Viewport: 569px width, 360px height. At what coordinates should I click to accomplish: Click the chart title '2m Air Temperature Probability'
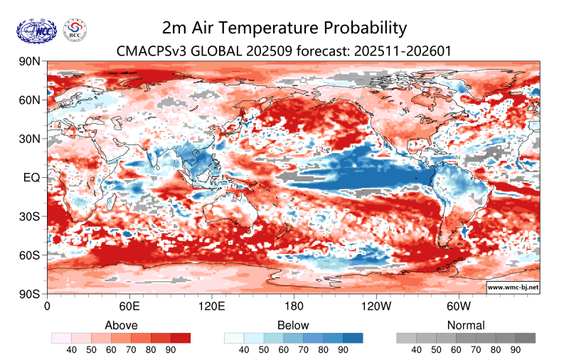click(x=284, y=28)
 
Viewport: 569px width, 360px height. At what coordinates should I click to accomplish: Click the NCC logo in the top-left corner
click(x=36, y=30)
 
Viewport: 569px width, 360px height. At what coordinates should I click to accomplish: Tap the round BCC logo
click(x=76, y=30)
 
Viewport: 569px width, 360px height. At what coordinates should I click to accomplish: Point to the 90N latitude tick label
click(x=31, y=62)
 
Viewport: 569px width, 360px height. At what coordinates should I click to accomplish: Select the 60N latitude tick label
click(x=31, y=100)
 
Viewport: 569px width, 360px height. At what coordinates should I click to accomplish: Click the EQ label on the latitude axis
click(x=32, y=177)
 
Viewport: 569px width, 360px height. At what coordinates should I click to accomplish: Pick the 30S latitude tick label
click(x=31, y=216)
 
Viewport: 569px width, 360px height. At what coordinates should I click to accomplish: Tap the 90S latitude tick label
click(x=31, y=293)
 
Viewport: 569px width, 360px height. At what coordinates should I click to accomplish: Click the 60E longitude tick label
click(x=129, y=307)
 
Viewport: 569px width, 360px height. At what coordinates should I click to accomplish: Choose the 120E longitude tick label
click(x=211, y=307)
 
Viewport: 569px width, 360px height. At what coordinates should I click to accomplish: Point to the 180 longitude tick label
click(x=293, y=307)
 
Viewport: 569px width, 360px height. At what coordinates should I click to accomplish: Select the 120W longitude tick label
click(x=376, y=307)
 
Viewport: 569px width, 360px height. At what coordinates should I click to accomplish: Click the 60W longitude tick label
click(x=458, y=307)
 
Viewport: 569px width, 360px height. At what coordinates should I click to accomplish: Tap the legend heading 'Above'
click(x=121, y=325)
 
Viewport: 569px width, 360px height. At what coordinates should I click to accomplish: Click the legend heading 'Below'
click(x=293, y=325)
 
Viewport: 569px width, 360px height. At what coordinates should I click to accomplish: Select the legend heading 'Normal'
click(x=466, y=325)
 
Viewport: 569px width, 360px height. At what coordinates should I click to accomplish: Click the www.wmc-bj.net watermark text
click(x=512, y=287)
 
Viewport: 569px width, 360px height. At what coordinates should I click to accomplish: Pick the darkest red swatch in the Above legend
click(x=181, y=338)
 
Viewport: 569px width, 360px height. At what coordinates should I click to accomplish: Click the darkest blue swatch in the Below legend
click(x=353, y=338)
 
